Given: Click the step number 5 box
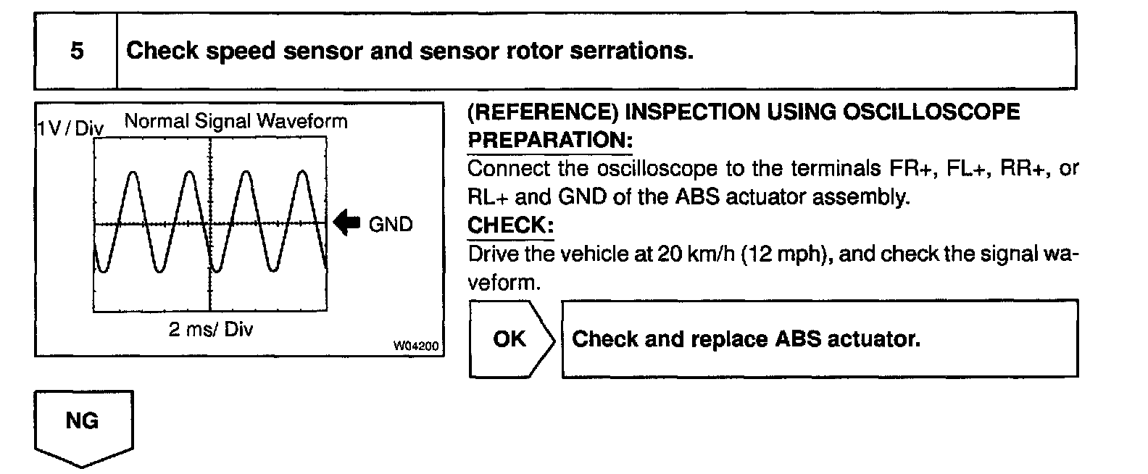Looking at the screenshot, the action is (x=76, y=51).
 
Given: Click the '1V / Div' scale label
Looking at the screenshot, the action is (x=70, y=129).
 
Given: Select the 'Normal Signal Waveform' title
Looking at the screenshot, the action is (x=236, y=120).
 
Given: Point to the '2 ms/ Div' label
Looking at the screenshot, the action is (x=211, y=329).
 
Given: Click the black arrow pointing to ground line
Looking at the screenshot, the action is (x=347, y=224).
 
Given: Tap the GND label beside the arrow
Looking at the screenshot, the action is (x=391, y=225).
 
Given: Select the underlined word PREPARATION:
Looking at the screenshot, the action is (x=550, y=139).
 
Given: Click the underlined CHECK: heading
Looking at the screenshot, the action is (x=510, y=225).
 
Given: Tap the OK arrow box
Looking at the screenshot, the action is (x=511, y=338).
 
